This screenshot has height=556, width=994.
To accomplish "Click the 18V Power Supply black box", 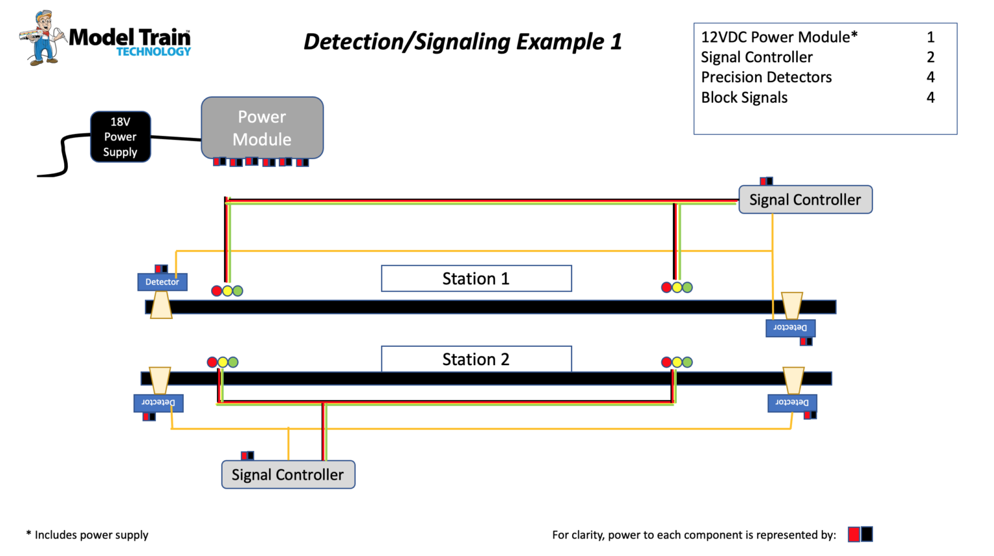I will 120,137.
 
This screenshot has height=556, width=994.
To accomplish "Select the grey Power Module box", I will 262,128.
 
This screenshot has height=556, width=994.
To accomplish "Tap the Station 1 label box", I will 476,278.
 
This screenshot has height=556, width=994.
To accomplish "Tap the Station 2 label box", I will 476,359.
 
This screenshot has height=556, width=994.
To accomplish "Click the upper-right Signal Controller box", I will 805,199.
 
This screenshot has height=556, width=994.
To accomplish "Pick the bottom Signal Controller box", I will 288,474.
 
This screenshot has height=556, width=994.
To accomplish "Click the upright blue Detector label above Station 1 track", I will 162,282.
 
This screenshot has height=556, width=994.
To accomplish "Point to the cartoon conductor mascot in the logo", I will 43,38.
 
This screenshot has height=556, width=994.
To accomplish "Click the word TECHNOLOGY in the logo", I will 153,52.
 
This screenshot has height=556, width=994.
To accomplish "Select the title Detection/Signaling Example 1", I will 463,41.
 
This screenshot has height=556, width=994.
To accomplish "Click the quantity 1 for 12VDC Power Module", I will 931,37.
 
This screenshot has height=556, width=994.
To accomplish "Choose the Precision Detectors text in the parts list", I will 766,77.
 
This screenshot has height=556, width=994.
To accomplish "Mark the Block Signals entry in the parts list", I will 744,98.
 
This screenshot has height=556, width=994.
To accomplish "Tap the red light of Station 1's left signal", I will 217,291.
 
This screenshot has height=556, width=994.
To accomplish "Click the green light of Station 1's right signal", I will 687,287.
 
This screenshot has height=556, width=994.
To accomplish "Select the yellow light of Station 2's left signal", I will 223,362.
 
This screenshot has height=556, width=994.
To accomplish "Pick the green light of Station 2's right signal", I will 687,362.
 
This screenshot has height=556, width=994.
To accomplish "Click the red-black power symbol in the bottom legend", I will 860,534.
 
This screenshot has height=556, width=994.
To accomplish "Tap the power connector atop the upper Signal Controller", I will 766,181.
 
